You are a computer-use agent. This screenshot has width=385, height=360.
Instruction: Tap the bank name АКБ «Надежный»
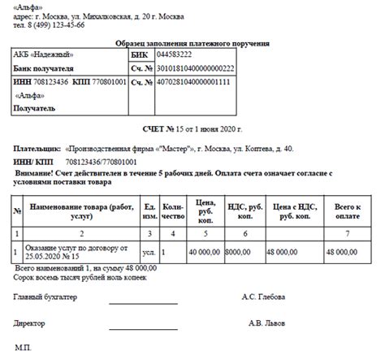click(42, 55)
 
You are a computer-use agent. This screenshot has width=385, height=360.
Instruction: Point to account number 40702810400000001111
click(194, 82)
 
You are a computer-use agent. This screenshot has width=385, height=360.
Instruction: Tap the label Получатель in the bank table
click(35, 108)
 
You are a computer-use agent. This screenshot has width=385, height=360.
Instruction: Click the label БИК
click(139, 55)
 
